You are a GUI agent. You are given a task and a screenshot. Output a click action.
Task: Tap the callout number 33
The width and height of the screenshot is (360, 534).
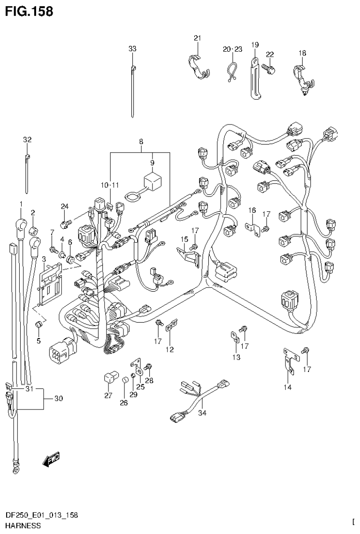[132, 48]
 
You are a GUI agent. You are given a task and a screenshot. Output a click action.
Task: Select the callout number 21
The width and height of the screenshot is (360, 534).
[197, 38]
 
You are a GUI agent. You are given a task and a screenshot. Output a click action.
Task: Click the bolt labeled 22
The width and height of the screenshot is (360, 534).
[269, 69]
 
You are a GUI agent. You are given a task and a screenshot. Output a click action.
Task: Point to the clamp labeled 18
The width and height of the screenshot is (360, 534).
[300, 77]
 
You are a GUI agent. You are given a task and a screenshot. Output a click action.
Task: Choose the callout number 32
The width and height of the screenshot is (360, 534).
[27, 139]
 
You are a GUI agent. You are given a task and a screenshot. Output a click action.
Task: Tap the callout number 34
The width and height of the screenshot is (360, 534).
[202, 413]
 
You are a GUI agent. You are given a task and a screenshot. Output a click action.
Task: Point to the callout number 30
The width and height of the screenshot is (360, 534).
[58, 399]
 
